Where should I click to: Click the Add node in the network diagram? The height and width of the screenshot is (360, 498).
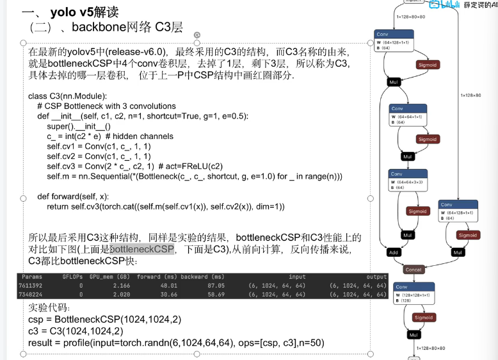[393, 252]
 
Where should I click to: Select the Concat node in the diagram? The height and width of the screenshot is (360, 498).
[414, 270]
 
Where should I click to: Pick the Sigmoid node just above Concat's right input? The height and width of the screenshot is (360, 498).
[467, 235]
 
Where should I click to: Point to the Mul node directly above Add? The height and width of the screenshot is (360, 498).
[407, 235]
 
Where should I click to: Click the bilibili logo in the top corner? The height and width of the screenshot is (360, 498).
[444, 5]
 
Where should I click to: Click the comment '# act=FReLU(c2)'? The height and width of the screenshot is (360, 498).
[197, 167]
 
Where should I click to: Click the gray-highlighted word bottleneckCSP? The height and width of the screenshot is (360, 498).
[142, 249]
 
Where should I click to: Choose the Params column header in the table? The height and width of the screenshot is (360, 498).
[31, 277]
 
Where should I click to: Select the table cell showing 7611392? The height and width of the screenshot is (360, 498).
[30, 285]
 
